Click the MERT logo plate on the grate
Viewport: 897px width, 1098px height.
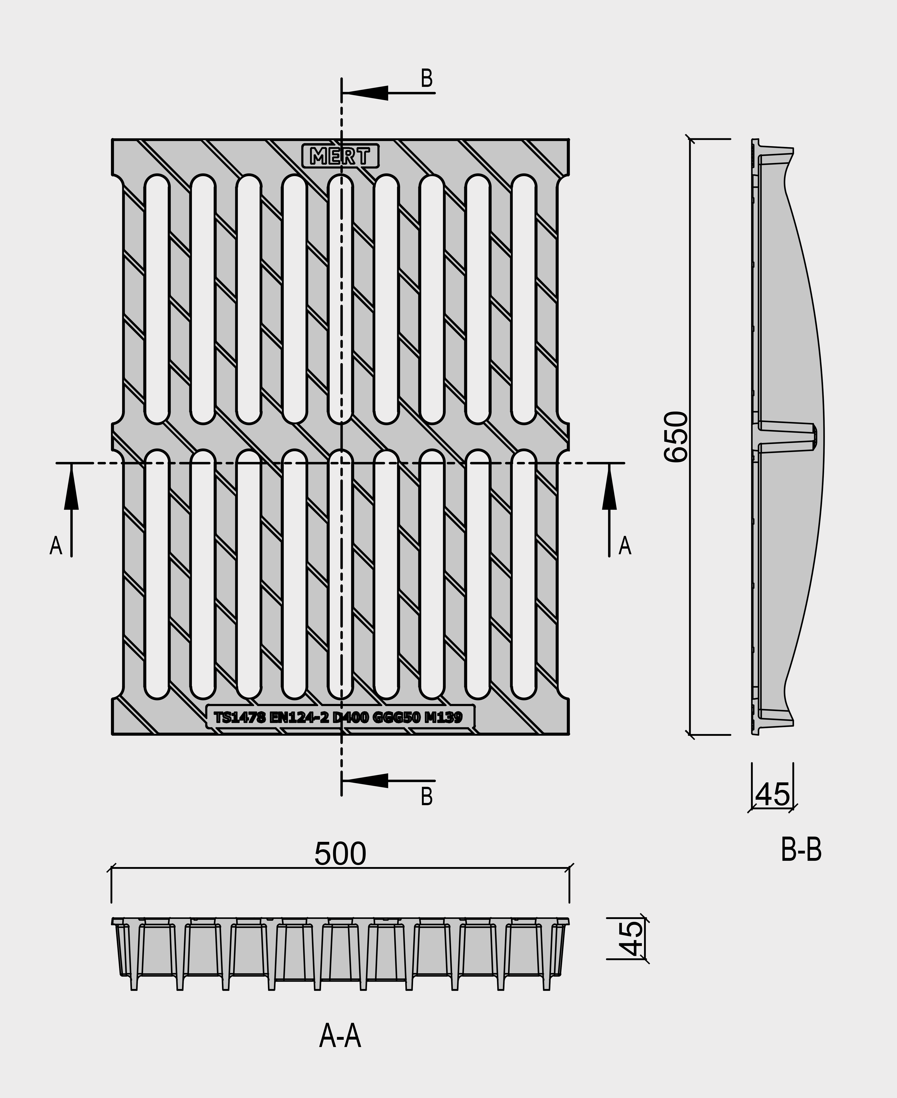pyautogui.click(x=341, y=156)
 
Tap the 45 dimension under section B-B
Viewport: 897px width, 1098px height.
pyautogui.click(x=773, y=794)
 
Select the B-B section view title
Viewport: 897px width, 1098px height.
pyautogui.click(x=801, y=850)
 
